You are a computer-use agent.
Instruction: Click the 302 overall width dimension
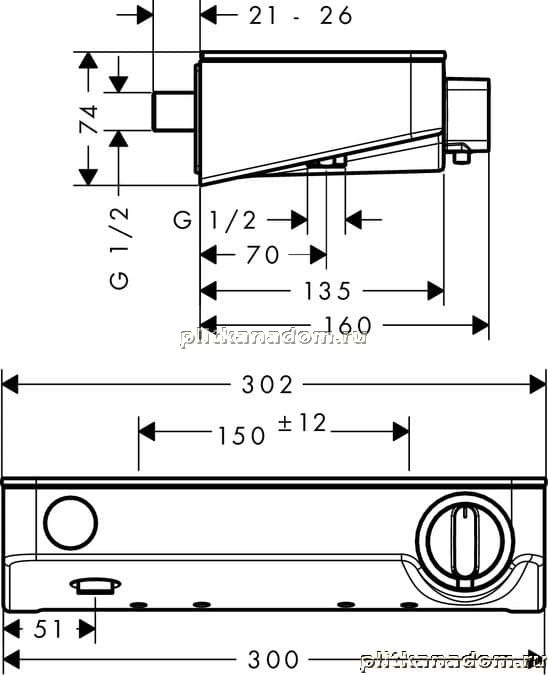(267, 384)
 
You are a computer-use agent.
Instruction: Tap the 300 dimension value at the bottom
(273, 659)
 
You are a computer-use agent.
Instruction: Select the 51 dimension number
(48, 629)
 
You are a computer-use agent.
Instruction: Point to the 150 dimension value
(242, 436)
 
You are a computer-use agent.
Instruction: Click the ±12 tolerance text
(302, 423)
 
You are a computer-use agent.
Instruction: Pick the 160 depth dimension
(347, 325)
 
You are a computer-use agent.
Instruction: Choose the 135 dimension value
(328, 291)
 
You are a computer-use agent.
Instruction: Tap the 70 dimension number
(263, 255)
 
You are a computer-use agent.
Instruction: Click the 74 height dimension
(89, 120)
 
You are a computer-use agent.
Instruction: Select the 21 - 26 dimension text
(301, 16)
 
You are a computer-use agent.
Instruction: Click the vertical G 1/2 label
(119, 248)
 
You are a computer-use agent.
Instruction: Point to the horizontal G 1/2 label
(215, 220)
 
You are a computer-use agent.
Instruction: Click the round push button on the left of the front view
(71, 523)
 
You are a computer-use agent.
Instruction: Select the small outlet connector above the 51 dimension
(96, 586)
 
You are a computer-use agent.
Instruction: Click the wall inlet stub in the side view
(173, 111)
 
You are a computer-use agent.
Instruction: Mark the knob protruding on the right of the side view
(468, 115)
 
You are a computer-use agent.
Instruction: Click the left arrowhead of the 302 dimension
(10, 384)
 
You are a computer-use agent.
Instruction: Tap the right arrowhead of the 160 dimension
(480, 325)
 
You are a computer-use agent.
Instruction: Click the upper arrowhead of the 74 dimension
(88, 60)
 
